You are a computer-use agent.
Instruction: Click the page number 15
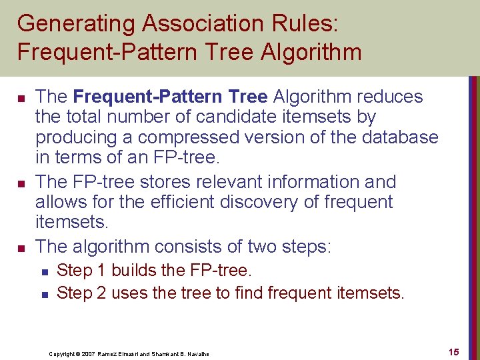[x=454, y=351]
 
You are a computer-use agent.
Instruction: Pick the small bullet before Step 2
[x=44, y=293]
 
